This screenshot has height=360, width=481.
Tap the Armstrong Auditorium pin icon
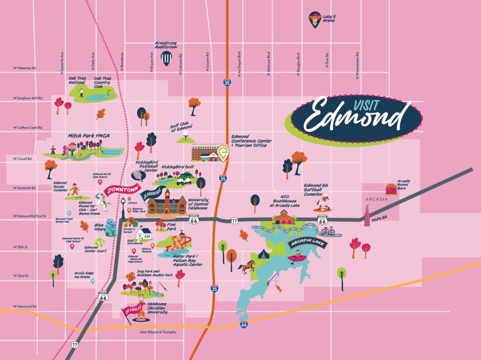click(x=166, y=58)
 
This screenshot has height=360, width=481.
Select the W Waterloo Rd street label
click(x=25, y=68)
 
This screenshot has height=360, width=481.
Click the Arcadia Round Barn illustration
click(x=392, y=189)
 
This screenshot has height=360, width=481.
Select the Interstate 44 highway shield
click(x=243, y=325)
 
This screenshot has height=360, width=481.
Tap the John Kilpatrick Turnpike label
click(x=161, y=331)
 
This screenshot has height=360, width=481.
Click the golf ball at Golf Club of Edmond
click(x=186, y=135)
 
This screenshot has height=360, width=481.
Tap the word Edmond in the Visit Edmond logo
click(x=353, y=115)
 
